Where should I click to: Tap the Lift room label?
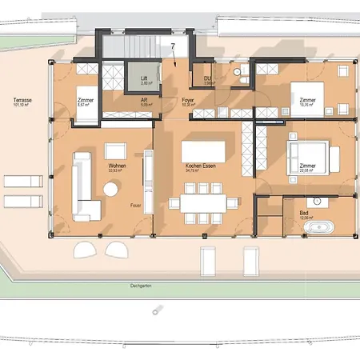coord(144,79)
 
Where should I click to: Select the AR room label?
coord(144,100)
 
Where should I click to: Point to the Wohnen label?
coord(116,166)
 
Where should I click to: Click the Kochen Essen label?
coord(196,166)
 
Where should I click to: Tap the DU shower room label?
coord(207,78)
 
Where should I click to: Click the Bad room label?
coord(303,213)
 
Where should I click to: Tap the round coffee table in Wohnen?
coord(110,190)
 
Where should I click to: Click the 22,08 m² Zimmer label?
coord(308,166)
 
